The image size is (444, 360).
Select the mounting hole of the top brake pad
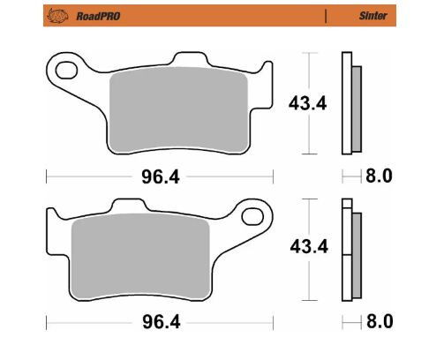pyautogui.click(x=64, y=69)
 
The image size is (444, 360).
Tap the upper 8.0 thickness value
pyautogui.click(x=379, y=177)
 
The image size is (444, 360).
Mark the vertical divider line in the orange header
pyautogui.click(x=327, y=16)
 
